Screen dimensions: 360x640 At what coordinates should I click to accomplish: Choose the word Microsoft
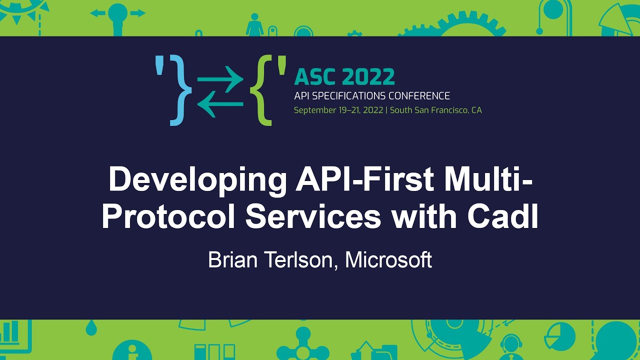pyautogui.click(x=388, y=260)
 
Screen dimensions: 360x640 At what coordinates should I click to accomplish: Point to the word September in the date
pyautogui.click(x=314, y=110)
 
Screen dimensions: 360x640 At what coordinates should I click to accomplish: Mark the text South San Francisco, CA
pyautogui.click(x=435, y=110)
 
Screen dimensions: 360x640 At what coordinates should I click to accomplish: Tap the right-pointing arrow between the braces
pyautogui.click(x=220, y=79)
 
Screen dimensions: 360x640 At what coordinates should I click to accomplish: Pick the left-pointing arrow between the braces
pyautogui.click(x=220, y=104)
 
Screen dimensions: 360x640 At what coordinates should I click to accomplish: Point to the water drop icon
pyautogui.click(x=91, y=328)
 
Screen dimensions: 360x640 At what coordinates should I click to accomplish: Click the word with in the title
pyautogui.click(x=428, y=217)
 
